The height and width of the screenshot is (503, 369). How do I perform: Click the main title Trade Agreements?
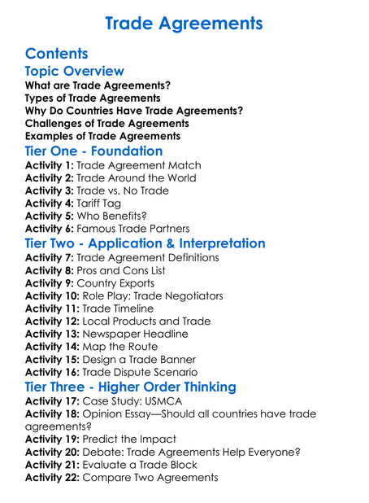pos(184,23)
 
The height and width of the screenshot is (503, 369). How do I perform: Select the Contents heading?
pos(59,55)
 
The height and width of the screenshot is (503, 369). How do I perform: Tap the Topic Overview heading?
pos(75,72)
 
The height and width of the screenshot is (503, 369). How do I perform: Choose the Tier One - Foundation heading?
pos(94,151)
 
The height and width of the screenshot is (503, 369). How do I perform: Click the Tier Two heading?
pos(145,244)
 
